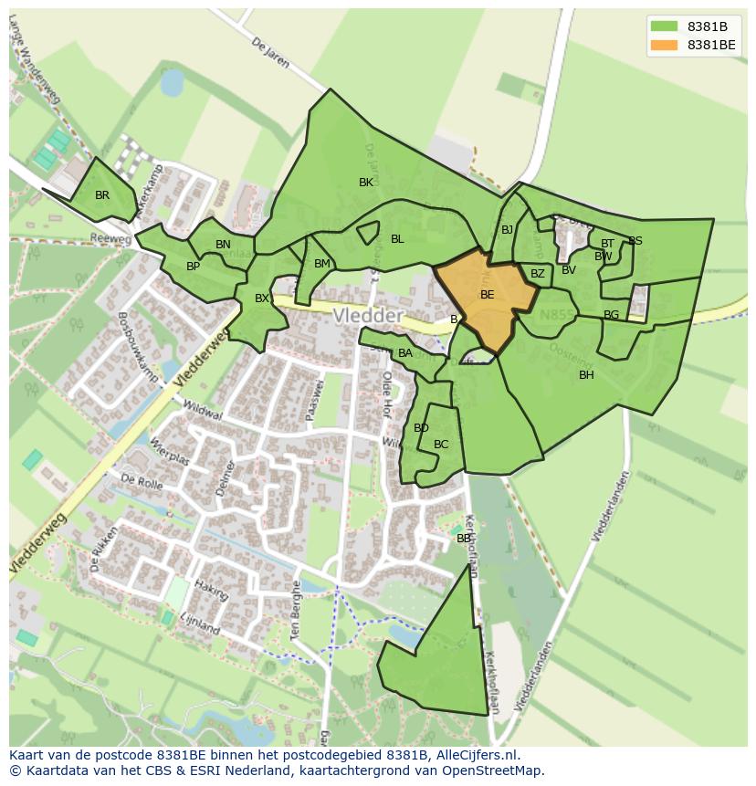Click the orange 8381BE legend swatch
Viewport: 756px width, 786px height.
point(665,45)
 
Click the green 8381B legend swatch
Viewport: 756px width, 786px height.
point(665,26)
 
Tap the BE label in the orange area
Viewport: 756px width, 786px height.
point(487,295)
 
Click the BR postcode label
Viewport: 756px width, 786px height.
point(102,195)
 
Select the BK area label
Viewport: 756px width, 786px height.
point(366,183)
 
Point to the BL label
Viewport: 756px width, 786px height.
point(397,239)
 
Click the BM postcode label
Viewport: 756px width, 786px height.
point(321,264)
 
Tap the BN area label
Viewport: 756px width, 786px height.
point(223,245)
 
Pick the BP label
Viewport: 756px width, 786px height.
point(193,267)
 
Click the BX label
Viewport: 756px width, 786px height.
point(261,299)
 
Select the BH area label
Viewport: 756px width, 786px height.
point(586,375)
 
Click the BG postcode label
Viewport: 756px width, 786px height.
point(611,315)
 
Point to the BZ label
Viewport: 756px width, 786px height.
point(537,274)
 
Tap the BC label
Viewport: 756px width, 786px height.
point(441,445)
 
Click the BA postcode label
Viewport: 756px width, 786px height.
point(405,353)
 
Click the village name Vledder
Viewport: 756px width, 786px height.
point(368,315)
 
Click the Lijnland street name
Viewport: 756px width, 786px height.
point(200,624)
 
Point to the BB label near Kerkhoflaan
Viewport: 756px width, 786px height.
point(464,539)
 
